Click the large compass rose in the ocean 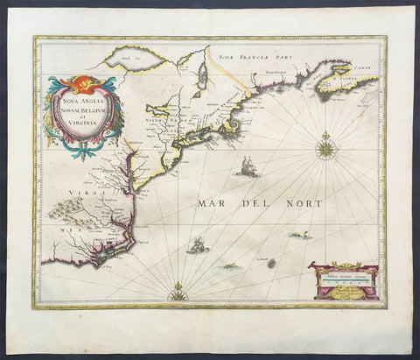point(325,147)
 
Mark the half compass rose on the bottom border point(178,294)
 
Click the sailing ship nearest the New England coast point(244,166)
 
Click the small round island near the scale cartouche point(270,263)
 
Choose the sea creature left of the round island point(229,265)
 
